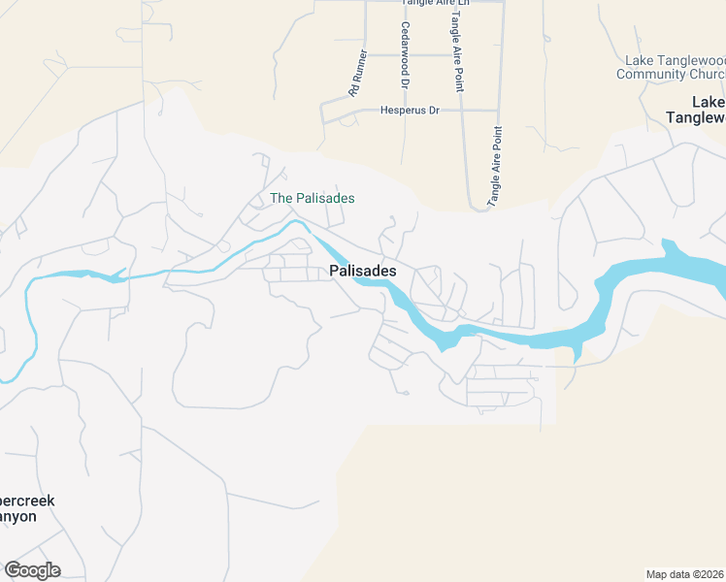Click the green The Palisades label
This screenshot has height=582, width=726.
pyautogui.click(x=312, y=198)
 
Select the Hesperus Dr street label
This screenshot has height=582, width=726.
pyautogui.click(x=410, y=111)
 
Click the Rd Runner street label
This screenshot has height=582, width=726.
pyautogui.click(x=358, y=73)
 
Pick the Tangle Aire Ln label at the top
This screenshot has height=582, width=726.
pyautogui.click(x=436, y=3)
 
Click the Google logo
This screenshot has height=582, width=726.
pyautogui.click(x=32, y=570)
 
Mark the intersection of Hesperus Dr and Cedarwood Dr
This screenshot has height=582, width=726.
pyautogui.click(x=404, y=111)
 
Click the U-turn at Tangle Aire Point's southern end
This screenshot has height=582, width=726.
pyautogui.click(x=478, y=206)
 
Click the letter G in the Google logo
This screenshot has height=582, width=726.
pyautogui.click(x=13, y=570)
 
